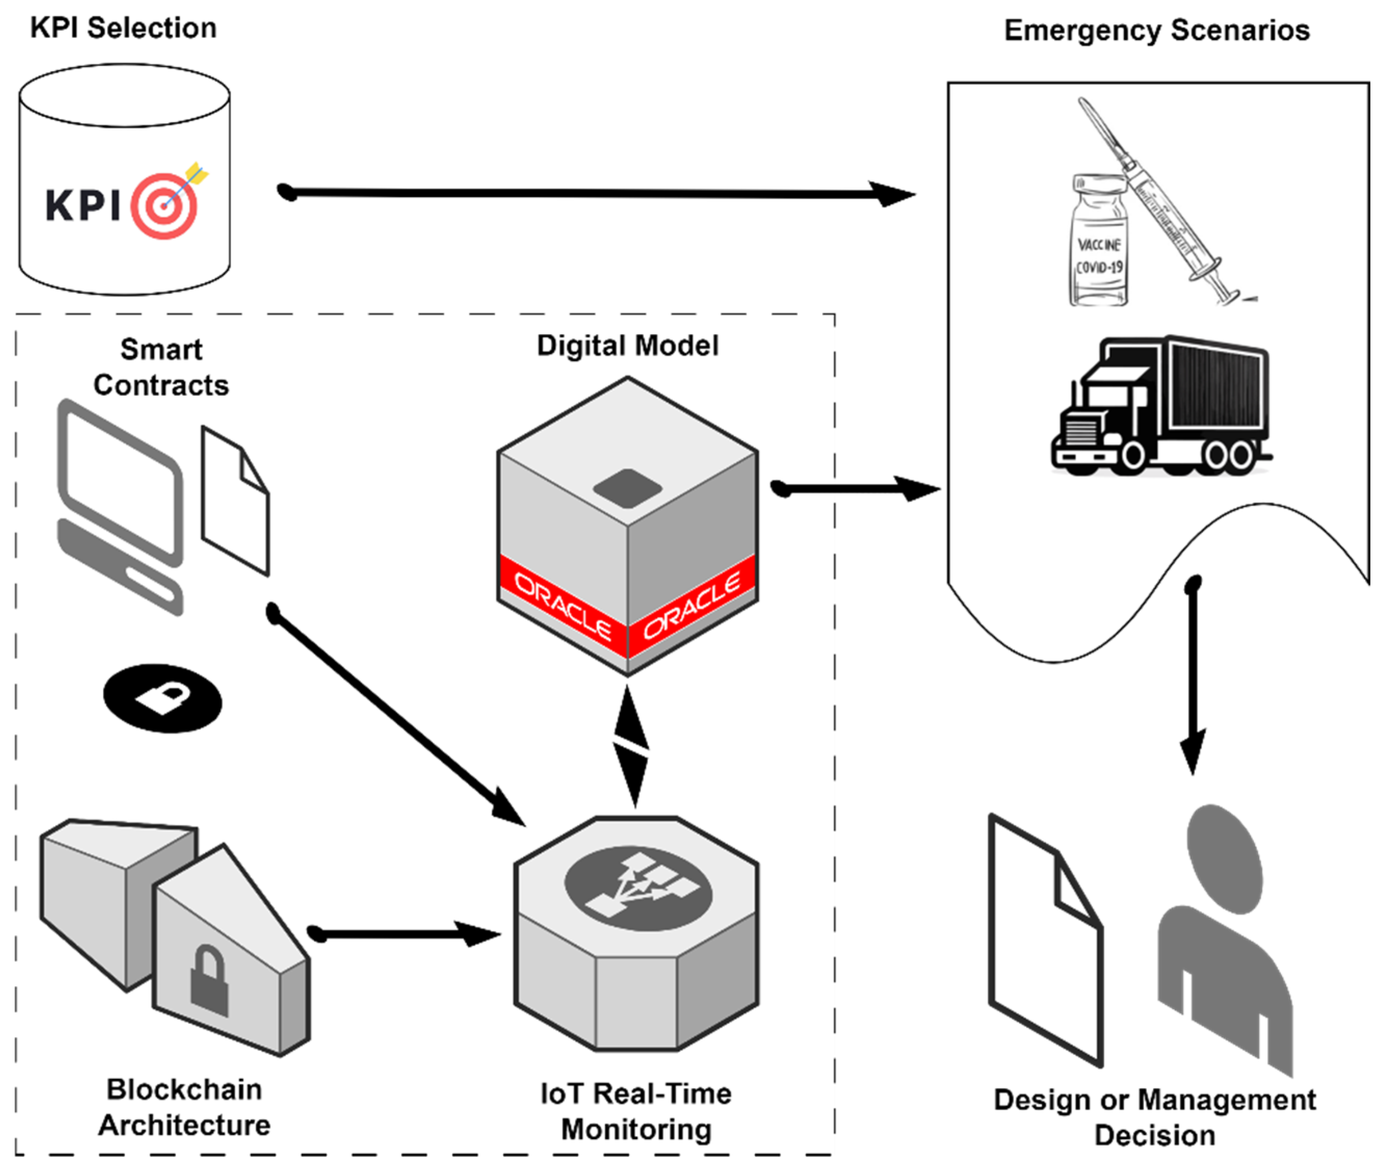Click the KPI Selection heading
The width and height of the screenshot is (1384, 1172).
click(124, 29)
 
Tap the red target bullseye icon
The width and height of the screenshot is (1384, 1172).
click(164, 205)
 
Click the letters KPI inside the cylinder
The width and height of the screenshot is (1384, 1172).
click(83, 205)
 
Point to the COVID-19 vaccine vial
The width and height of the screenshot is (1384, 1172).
click(1100, 243)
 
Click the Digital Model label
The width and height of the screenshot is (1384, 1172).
click(627, 346)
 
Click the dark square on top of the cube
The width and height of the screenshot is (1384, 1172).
click(627, 487)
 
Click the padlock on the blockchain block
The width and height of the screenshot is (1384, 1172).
click(209, 980)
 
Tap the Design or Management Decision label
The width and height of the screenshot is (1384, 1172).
click(1154, 1117)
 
